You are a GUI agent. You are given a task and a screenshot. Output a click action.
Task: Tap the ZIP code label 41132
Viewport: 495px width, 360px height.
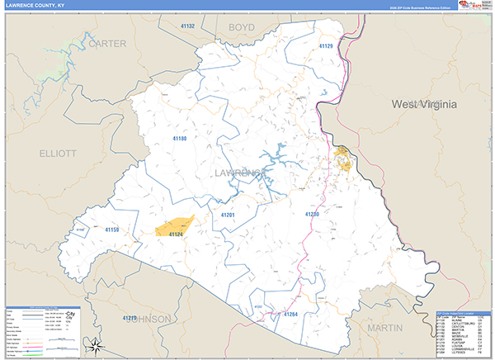tap(186, 26)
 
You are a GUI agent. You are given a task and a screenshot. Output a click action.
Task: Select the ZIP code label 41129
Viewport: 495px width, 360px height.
tap(326, 47)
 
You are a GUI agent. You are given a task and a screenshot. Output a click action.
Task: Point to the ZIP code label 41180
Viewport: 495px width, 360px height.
tap(179, 139)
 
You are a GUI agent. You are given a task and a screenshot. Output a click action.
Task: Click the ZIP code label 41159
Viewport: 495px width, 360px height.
tap(111, 229)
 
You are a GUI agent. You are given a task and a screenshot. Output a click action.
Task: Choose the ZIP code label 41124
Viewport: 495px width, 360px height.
tap(175, 235)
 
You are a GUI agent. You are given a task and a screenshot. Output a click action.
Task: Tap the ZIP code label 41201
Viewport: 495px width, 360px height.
tap(229, 216)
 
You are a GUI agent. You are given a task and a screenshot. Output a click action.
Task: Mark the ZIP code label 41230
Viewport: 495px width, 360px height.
tap(312, 214)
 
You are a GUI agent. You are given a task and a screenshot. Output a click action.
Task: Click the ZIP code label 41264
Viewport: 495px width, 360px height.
tap(290, 315)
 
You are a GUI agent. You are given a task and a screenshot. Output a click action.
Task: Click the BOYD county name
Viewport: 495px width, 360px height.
tap(241, 27)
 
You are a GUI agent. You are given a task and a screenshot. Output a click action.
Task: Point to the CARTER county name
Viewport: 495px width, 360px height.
tap(106, 43)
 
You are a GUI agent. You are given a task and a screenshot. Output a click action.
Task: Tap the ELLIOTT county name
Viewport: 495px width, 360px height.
tap(57, 154)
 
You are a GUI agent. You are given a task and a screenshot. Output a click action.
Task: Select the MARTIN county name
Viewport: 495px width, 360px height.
tap(385, 328)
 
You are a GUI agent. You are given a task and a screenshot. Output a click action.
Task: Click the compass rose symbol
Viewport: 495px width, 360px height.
tap(97, 345)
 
